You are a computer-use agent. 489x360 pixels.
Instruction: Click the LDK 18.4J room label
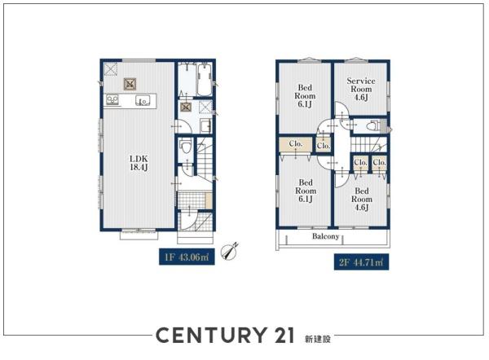click(x=139, y=163)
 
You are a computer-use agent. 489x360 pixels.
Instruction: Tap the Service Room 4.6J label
click(x=361, y=89)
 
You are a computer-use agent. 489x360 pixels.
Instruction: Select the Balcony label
click(x=325, y=236)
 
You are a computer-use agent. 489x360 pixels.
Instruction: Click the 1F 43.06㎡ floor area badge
click(x=187, y=257)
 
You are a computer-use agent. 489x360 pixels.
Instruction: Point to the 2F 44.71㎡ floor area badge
click(x=361, y=262)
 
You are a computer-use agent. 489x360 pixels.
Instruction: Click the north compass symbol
click(x=229, y=252)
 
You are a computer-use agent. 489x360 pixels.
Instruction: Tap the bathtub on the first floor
click(x=205, y=80)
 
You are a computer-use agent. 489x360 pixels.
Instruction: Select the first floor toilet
click(x=186, y=147)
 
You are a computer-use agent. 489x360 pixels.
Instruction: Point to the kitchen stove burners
click(x=112, y=99)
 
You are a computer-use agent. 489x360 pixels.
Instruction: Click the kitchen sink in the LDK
click(x=143, y=100)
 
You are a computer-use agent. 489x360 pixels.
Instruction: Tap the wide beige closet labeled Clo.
click(x=295, y=145)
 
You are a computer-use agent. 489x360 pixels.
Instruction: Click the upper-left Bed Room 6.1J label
click(x=305, y=95)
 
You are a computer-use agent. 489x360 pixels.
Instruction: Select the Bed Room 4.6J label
click(x=362, y=200)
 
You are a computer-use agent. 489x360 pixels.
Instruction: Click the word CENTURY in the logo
click(x=210, y=336)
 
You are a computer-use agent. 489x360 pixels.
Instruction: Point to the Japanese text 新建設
click(x=318, y=339)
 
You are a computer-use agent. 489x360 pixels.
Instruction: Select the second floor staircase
click(x=368, y=144)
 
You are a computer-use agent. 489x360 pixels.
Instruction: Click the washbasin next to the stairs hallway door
click(x=205, y=125)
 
